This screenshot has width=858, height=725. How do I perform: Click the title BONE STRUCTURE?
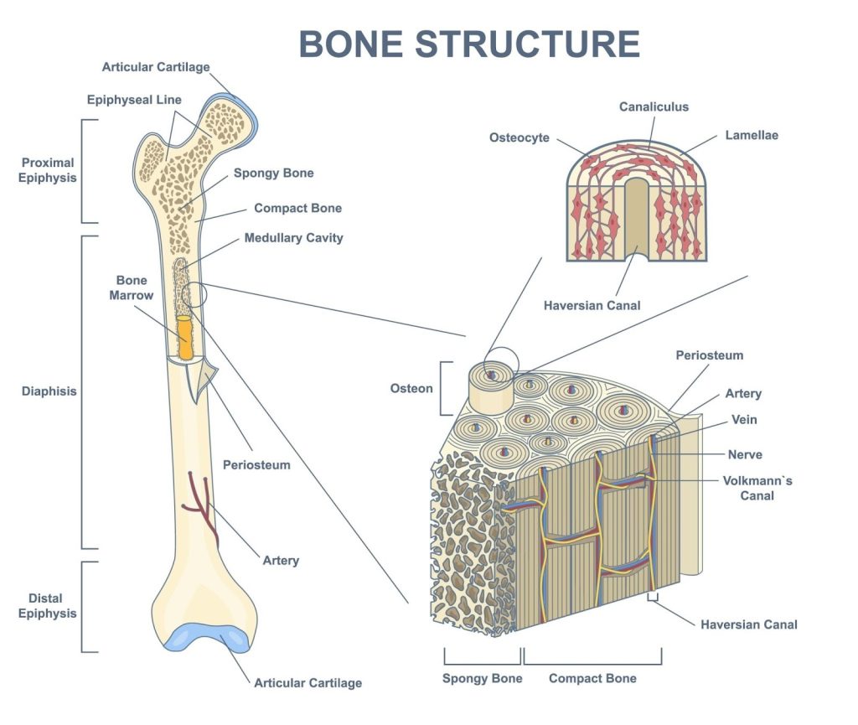tap(469, 44)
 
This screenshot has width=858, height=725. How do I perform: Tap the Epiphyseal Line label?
tap(134, 100)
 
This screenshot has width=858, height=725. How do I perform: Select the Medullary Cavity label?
tap(293, 238)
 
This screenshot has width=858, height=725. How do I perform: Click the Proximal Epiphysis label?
tap(48, 170)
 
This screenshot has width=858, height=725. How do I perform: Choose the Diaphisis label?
tap(49, 391)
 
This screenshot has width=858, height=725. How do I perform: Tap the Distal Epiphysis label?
tap(48, 606)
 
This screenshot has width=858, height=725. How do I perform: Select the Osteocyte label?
tap(519, 137)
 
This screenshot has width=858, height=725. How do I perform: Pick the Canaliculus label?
tap(654, 106)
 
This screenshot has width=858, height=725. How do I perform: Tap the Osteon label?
tap(411, 388)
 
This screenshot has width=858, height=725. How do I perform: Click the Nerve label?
tap(745, 454)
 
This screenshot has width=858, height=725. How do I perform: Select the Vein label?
tap(744, 420)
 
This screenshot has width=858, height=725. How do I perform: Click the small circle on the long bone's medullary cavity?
tap(194, 295)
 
